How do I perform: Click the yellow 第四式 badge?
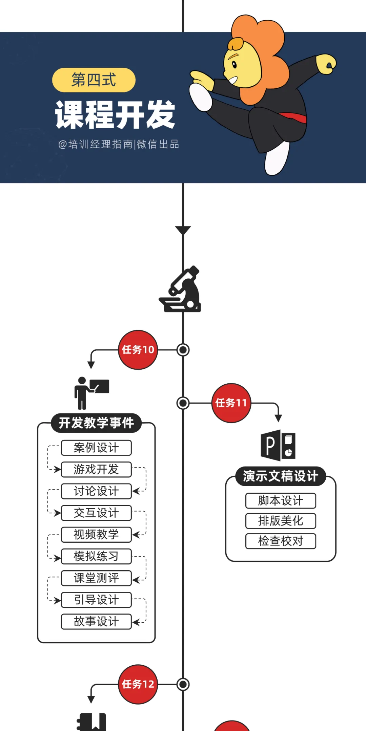[94, 80]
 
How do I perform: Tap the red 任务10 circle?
[138, 350]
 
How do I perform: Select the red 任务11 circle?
[231, 403]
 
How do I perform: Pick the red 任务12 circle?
[138, 684]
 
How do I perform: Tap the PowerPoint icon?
[278, 445]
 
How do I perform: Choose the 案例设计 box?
[96, 448]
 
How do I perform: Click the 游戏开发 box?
[96, 469]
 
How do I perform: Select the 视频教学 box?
[96, 535]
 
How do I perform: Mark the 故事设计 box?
[96, 622]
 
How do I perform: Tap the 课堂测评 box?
[96, 578]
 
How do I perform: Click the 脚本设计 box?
[281, 500]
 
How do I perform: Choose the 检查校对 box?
[281, 541]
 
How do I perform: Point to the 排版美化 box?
[281, 521]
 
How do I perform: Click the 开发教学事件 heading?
[96, 423]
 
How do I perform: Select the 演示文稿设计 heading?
[281, 476]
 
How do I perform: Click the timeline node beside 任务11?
[183, 403]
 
